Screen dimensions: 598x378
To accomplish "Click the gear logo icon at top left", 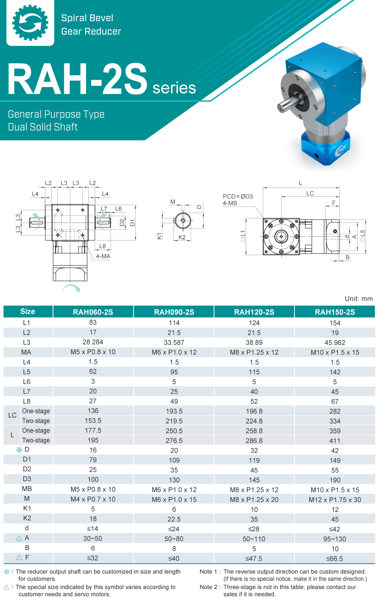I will (30, 23).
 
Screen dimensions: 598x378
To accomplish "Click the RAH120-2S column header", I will (254, 312).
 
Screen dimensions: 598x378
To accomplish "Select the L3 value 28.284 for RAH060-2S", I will (93, 342).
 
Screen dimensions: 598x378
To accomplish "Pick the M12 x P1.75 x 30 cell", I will (335, 500).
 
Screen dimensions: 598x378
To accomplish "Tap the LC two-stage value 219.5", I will (174, 421).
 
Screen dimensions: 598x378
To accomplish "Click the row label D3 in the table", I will (27, 479).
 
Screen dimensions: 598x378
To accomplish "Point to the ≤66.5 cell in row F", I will (335, 559).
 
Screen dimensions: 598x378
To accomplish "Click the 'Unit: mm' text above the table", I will (358, 299).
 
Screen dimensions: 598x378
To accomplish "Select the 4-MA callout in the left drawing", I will (103, 256).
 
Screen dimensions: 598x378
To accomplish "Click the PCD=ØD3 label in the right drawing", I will (238, 196).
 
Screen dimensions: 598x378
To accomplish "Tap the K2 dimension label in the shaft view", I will (182, 237).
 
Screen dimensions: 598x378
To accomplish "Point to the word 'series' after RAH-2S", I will (174, 88).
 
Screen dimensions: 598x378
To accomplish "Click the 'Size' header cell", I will (28, 311).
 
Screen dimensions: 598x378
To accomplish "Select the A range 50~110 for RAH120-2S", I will (254, 539).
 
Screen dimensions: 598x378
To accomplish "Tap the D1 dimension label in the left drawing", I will (132, 223).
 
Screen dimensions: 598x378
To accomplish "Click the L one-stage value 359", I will (335, 431).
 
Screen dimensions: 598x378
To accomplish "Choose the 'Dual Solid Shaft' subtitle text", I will (43, 127).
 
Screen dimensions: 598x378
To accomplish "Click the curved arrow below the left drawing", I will (71, 289).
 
